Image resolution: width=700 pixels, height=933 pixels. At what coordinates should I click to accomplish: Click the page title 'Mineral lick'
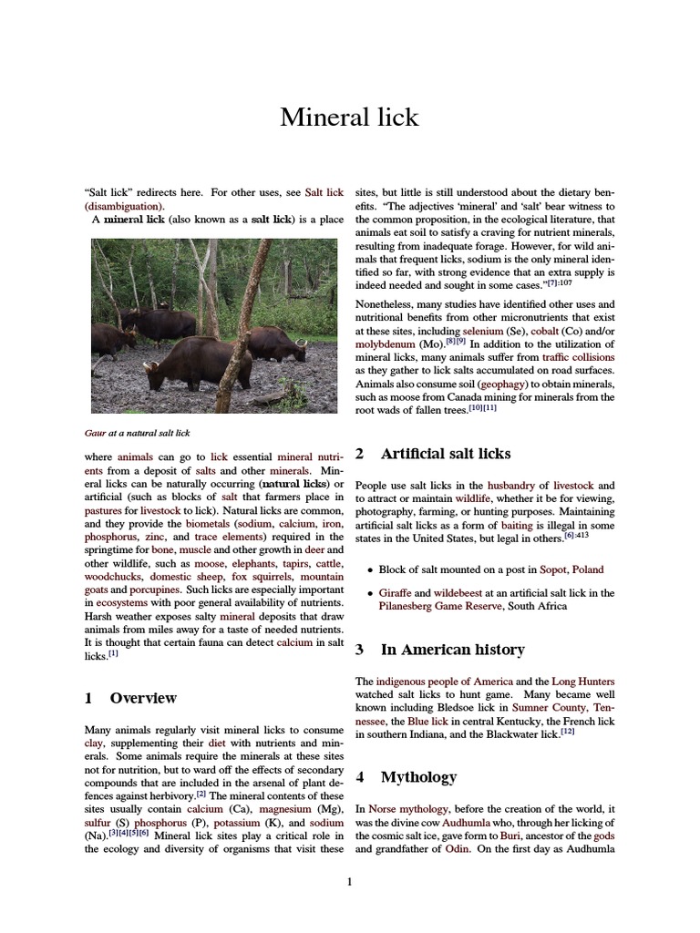click(x=349, y=118)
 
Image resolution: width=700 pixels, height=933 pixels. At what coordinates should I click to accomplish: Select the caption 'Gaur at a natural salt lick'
click(x=137, y=433)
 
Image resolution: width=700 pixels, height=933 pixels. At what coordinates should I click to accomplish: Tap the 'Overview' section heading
click(x=143, y=698)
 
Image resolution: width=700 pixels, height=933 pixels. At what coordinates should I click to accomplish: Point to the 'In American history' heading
click(x=452, y=650)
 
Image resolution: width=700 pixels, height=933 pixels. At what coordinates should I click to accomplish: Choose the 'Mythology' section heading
click(x=418, y=777)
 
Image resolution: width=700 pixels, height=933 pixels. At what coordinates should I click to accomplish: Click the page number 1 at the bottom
click(x=349, y=881)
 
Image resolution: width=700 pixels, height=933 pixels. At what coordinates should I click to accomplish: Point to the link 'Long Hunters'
click(x=583, y=682)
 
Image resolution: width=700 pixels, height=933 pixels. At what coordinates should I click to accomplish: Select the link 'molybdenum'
click(x=389, y=346)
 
